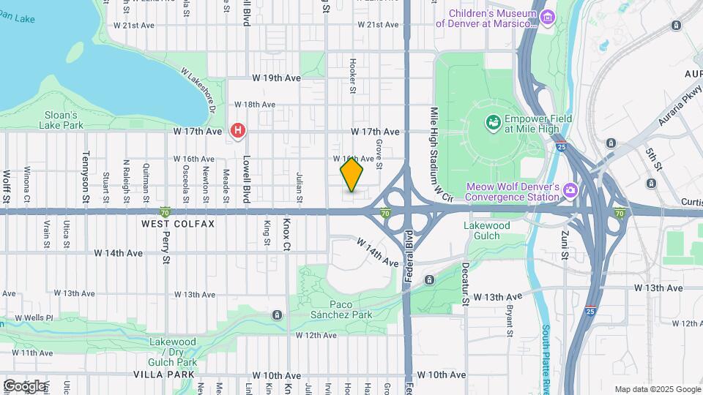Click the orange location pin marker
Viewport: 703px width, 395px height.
coord(352,175)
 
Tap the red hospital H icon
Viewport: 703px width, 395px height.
coord(238,131)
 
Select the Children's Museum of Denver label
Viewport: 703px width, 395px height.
coord(486,18)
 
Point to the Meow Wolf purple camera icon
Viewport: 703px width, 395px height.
coord(570,191)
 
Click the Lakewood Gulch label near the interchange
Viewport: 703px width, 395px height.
coord(487,231)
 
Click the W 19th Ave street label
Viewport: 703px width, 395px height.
coord(276,78)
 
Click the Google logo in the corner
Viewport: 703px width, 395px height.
coord(25,385)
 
